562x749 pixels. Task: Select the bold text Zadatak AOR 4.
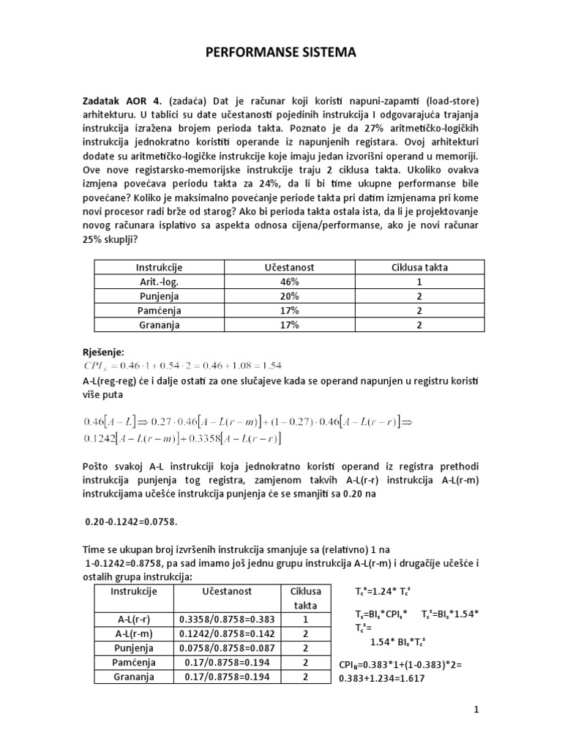click(119, 100)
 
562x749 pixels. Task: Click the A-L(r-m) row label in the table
click(133, 633)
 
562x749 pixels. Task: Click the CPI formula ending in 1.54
click(183, 365)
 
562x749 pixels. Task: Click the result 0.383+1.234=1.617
click(383, 678)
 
